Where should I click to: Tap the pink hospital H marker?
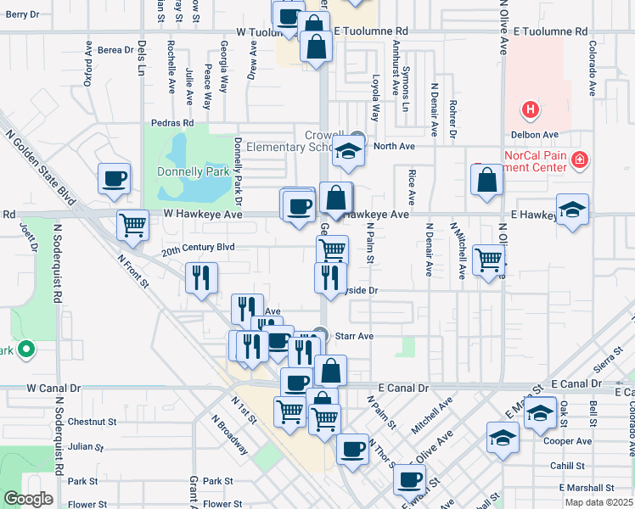530,109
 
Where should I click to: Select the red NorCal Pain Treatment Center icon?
580,159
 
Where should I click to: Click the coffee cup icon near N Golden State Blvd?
115,178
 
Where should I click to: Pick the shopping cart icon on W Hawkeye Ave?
132,225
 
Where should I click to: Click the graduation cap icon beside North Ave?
347,152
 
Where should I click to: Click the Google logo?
28,499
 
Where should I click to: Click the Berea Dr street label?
115,50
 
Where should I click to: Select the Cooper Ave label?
568,441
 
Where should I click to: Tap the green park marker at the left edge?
26,349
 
